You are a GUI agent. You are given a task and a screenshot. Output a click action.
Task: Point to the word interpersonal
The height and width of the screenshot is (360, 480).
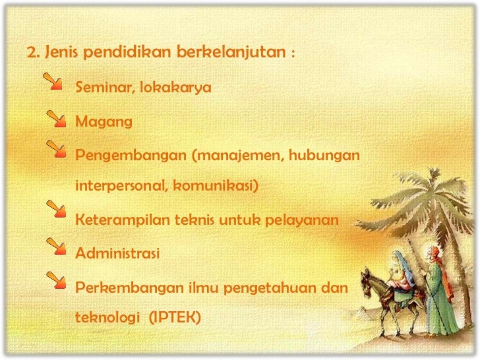(121, 185)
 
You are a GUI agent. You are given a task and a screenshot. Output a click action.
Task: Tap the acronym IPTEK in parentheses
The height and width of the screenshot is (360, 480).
(175, 317)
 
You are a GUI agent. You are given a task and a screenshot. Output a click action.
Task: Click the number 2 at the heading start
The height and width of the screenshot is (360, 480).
(30, 52)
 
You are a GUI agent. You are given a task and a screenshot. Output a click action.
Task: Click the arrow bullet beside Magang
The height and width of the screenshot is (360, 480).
(57, 117)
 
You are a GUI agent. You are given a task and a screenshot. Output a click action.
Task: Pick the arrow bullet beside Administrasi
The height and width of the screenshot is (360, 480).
(57, 248)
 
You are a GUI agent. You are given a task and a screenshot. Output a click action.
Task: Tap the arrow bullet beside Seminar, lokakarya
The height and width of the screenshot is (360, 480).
(53, 82)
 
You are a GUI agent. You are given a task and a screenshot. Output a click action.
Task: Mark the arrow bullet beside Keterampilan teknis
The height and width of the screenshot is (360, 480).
(57, 212)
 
